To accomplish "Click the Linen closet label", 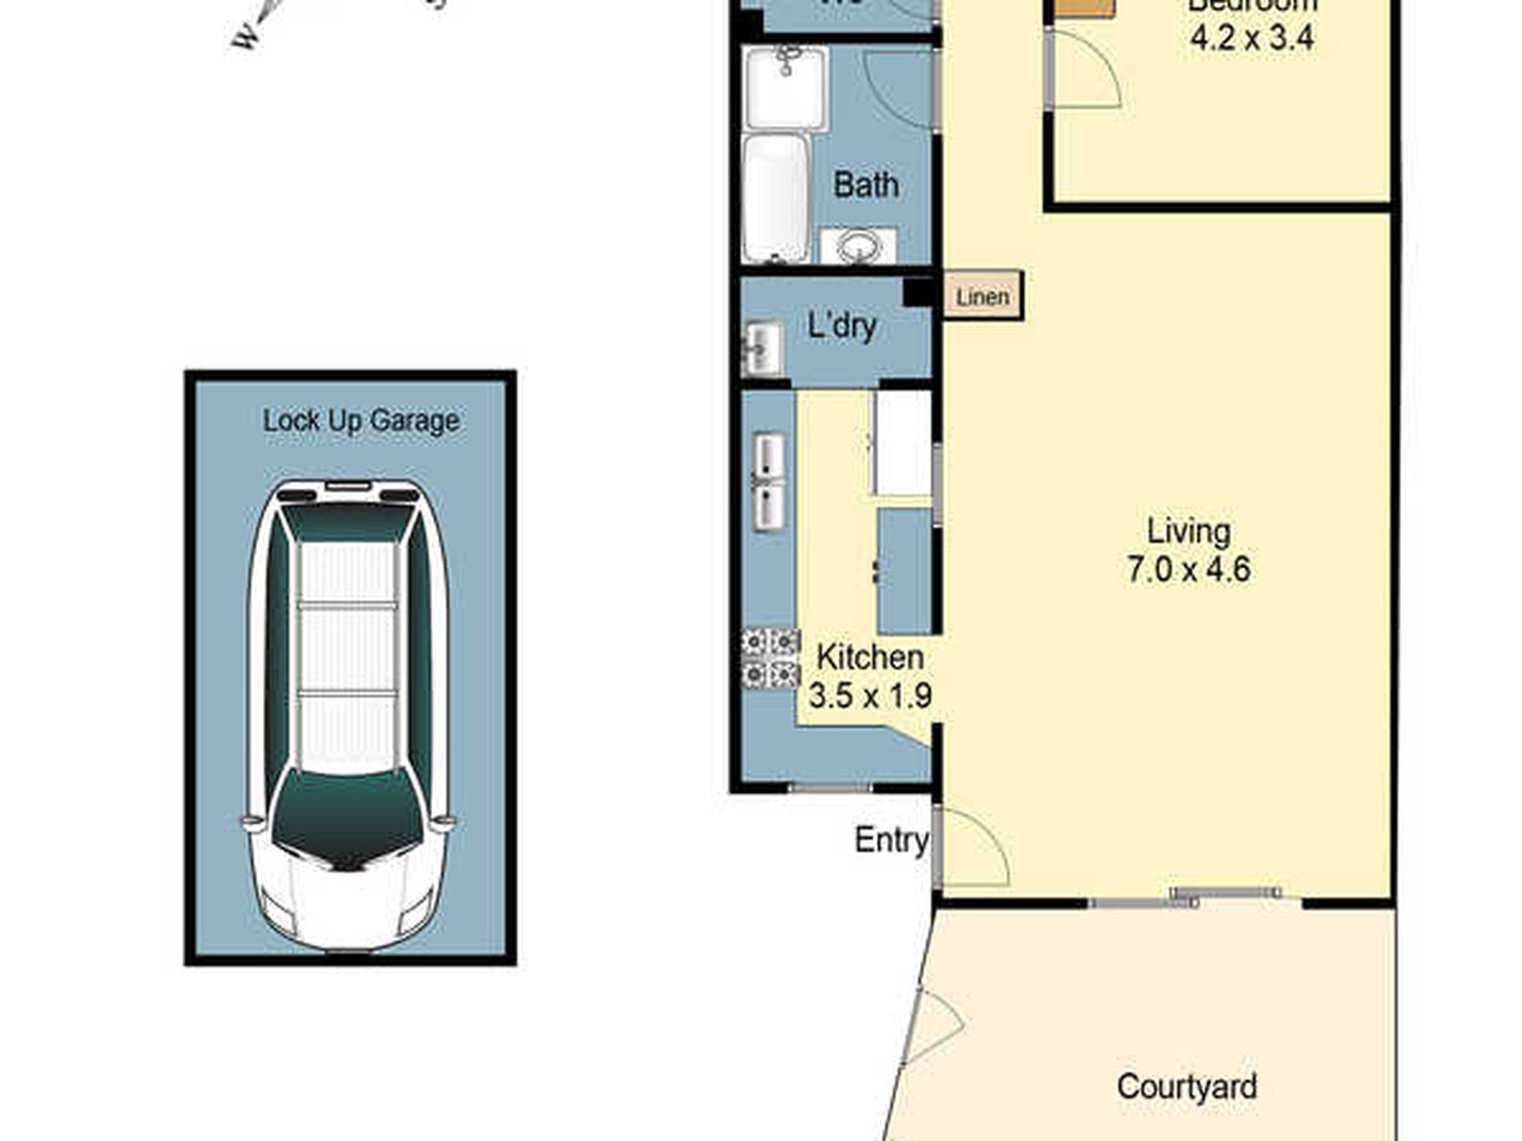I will tap(982, 297).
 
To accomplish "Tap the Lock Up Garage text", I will tap(361, 420).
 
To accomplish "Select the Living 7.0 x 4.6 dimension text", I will tap(1189, 569).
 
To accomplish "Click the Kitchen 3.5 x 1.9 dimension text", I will tap(870, 694).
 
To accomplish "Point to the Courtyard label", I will tap(1186, 1087).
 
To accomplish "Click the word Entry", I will tap(891, 840).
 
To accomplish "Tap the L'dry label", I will tap(842, 326).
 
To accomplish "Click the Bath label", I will tap(866, 185).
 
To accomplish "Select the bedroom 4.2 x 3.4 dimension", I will tap(1251, 37).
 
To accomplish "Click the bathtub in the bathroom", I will tap(775, 198).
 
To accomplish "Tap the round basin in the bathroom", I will tap(859, 246).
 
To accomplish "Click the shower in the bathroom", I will tap(785, 86).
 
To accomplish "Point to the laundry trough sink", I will tap(763, 348).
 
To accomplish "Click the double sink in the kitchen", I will tap(769, 482).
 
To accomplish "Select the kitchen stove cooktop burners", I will tap(771, 658).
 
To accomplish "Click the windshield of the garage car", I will tap(348, 817).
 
